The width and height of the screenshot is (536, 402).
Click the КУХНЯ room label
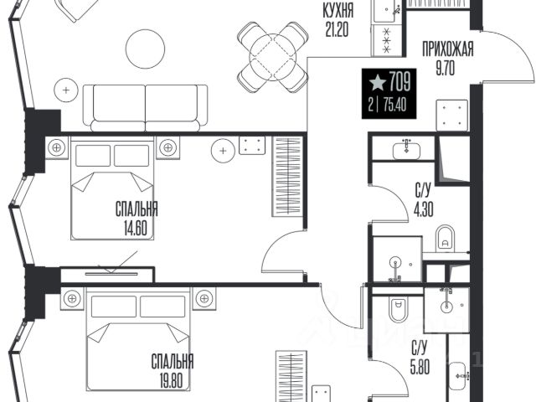point(338,11)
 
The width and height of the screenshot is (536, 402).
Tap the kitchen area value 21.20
point(337,30)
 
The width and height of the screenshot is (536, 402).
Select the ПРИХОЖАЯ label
point(447,49)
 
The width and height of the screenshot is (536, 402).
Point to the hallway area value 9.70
point(446,69)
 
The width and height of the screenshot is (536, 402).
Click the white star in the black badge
point(378,83)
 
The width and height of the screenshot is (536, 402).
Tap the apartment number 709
point(399,82)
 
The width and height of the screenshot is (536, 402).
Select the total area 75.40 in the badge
point(394,105)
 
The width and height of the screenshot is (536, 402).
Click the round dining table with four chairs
point(273,57)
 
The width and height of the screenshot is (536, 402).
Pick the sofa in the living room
point(145,108)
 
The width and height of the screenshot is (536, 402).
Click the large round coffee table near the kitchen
point(145,49)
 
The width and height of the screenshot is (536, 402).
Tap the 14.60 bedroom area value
point(136,229)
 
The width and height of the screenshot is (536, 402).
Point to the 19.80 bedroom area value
point(171,380)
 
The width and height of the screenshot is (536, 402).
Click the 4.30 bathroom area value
point(424,209)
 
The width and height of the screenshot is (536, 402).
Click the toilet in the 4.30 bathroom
point(445,238)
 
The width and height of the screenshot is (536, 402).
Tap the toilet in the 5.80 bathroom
point(399,309)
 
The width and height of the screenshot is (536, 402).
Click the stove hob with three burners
point(388,40)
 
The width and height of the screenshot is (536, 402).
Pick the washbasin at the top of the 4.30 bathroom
point(406,149)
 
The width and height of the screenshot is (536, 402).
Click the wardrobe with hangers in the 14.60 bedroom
point(287,177)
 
